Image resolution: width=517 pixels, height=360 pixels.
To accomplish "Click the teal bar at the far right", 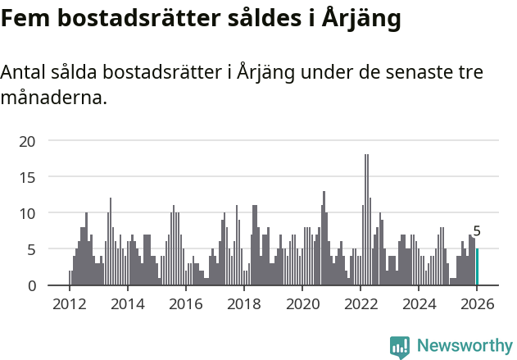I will pos(478,267).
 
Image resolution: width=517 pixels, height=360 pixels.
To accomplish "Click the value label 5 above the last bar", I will pos(477,232).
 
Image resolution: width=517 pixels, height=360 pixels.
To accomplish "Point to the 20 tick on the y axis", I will pos(28,141).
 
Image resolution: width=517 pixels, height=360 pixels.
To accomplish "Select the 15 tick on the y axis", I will pos(28,177).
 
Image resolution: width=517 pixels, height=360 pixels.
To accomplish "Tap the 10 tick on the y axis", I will pos(28,213).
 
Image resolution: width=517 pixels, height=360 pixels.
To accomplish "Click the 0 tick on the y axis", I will pos(32,285).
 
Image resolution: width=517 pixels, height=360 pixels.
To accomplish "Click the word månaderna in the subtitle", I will pos(53,99).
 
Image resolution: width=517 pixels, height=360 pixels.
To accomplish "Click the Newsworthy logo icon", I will pos(400,347).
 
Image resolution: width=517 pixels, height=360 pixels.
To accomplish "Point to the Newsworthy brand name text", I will pos(464,346).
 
